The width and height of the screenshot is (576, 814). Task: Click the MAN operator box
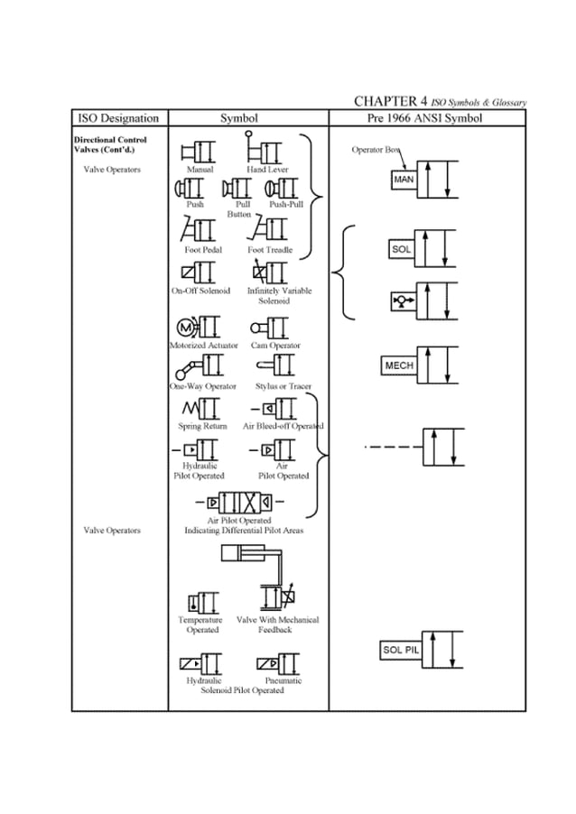tap(403, 180)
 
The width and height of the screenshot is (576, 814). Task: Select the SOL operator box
tap(401, 247)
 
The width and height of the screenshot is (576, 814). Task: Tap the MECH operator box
tap(399, 365)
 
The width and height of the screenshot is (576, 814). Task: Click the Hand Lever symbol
tap(264, 150)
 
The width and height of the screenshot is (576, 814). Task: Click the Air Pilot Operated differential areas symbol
tap(239, 501)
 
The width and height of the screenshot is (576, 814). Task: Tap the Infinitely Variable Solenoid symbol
tap(269, 272)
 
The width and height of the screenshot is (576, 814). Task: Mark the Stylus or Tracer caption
tap(283, 386)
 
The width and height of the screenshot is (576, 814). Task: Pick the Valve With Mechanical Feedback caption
tap(277, 624)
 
